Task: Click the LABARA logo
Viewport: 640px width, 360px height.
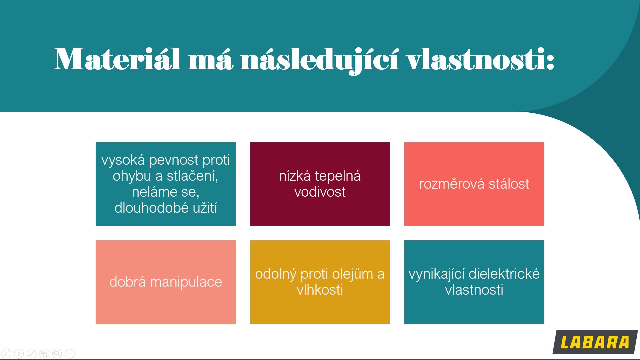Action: click(595, 342)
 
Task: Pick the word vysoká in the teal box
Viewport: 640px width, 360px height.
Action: click(123, 160)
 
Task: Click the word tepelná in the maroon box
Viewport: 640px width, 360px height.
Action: click(338, 176)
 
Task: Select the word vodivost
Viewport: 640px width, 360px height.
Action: click(320, 192)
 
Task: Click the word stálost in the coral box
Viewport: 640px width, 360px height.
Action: click(509, 184)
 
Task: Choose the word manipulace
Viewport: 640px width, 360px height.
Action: click(186, 282)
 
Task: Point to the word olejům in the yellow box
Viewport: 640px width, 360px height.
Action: click(353, 274)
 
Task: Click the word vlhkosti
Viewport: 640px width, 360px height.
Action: click(320, 290)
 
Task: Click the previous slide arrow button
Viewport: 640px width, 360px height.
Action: click(6, 353)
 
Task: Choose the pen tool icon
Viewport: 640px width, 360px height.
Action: click(32, 353)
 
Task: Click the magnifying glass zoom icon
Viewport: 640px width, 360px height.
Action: click(57, 353)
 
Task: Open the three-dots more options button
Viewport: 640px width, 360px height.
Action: click(70, 353)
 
